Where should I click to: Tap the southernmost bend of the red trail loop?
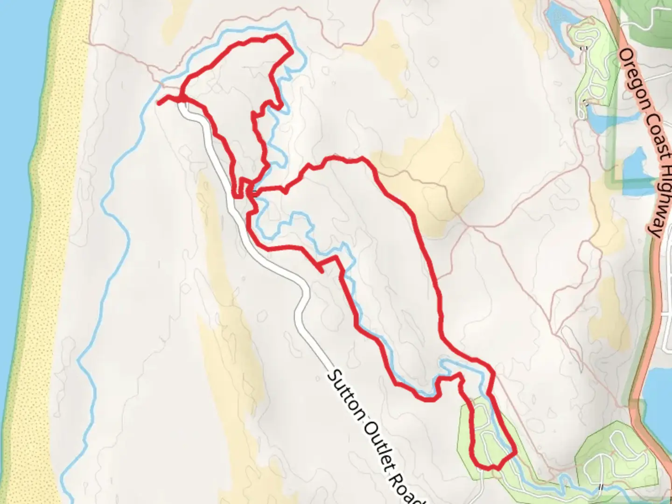(488, 468)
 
